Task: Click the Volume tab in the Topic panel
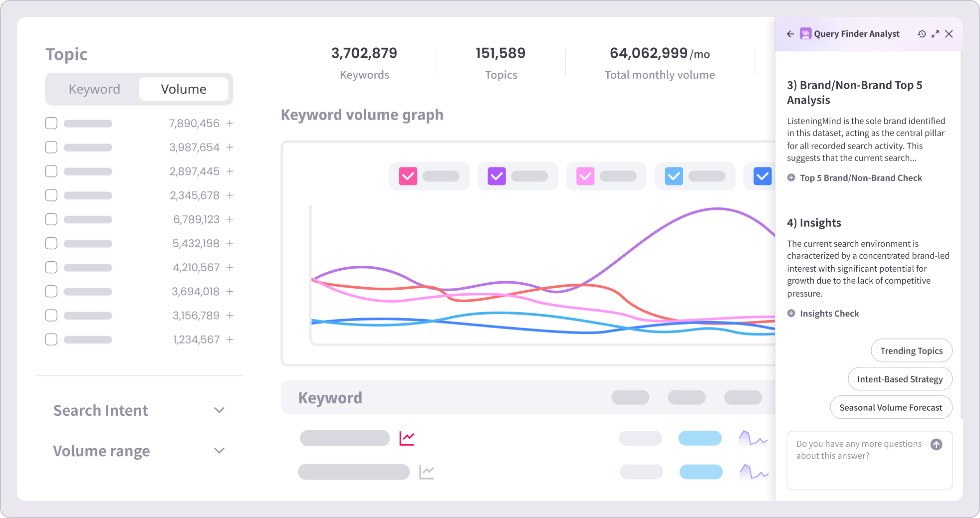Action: [184, 89]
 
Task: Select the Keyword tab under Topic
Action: [94, 89]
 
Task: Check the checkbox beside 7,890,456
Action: [51, 123]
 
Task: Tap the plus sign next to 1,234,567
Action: [230, 340]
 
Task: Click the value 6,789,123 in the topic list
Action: [196, 219]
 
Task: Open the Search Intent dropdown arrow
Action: [219, 410]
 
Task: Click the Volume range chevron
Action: [219, 451]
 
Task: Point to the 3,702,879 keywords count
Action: [364, 53]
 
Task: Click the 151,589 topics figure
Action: [500, 53]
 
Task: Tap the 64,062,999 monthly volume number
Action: [649, 53]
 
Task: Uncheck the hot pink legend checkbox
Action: [408, 176]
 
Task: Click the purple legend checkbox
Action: [496, 176]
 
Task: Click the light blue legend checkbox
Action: [674, 176]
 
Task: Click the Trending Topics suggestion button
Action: [911, 351]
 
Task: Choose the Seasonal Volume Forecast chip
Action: [891, 408]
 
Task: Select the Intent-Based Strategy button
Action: [900, 379]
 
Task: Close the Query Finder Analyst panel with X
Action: [949, 34]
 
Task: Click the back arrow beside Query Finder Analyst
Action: [790, 34]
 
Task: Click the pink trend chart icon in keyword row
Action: [407, 439]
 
